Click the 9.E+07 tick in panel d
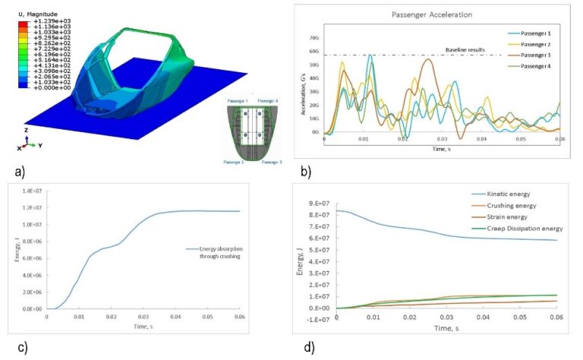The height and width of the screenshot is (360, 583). point(317,203)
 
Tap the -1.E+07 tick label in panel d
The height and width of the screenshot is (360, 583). point(316,320)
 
